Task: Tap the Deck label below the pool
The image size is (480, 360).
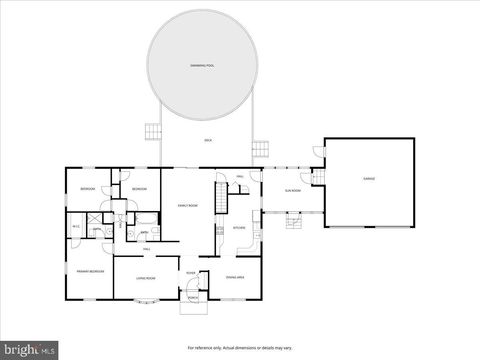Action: click(208, 141)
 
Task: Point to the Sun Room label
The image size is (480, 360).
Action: click(293, 189)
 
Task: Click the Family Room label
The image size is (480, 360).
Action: click(186, 205)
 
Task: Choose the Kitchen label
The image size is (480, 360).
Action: click(240, 227)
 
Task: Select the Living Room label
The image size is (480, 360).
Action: click(146, 277)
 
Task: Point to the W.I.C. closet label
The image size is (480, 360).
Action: click(76, 226)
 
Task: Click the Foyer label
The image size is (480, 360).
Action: click(191, 273)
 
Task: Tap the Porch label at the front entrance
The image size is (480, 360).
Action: click(192, 297)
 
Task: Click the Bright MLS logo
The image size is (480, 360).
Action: click(30, 350)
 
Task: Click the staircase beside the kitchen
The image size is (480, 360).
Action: click(222, 196)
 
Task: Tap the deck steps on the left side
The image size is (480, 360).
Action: click(152, 130)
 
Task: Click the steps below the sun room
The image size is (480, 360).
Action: click(294, 222)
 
